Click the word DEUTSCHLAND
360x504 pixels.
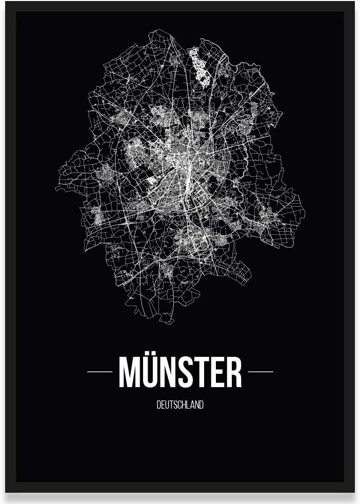click(180, 405)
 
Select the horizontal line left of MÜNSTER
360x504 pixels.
click(100, 372)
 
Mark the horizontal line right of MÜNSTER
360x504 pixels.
click(261, 372)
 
